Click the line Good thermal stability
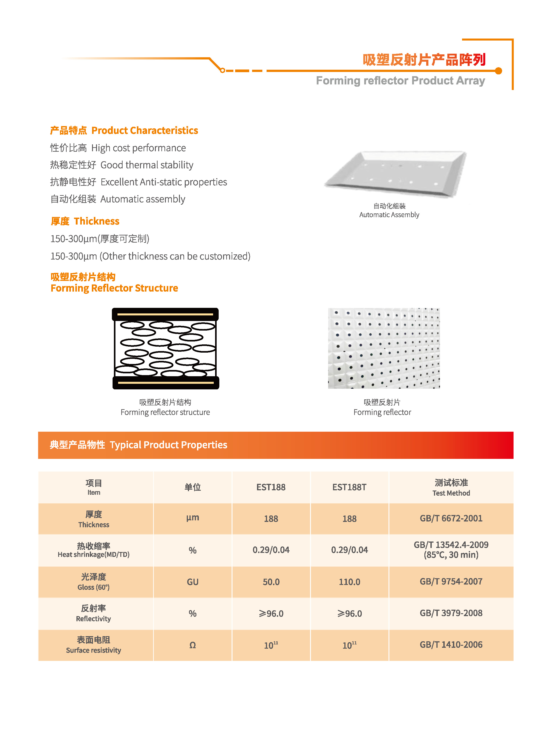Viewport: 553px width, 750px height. coord(147,165)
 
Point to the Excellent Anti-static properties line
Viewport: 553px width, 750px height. coord(163,182)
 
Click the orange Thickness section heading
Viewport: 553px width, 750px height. coord(97,221)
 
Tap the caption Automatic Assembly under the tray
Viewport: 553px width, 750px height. coord(389,215)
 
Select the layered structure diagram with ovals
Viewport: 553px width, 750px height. coord(165,348)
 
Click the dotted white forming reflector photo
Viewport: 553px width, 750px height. coord(384,348)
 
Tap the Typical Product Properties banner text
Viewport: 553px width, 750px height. coord(168,445)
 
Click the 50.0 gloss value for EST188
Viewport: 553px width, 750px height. coord(271,582)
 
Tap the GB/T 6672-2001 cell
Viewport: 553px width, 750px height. coord(451,518)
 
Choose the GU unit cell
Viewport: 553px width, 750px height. coord(193,582)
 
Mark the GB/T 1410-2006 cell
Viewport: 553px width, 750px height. coord(451,645)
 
